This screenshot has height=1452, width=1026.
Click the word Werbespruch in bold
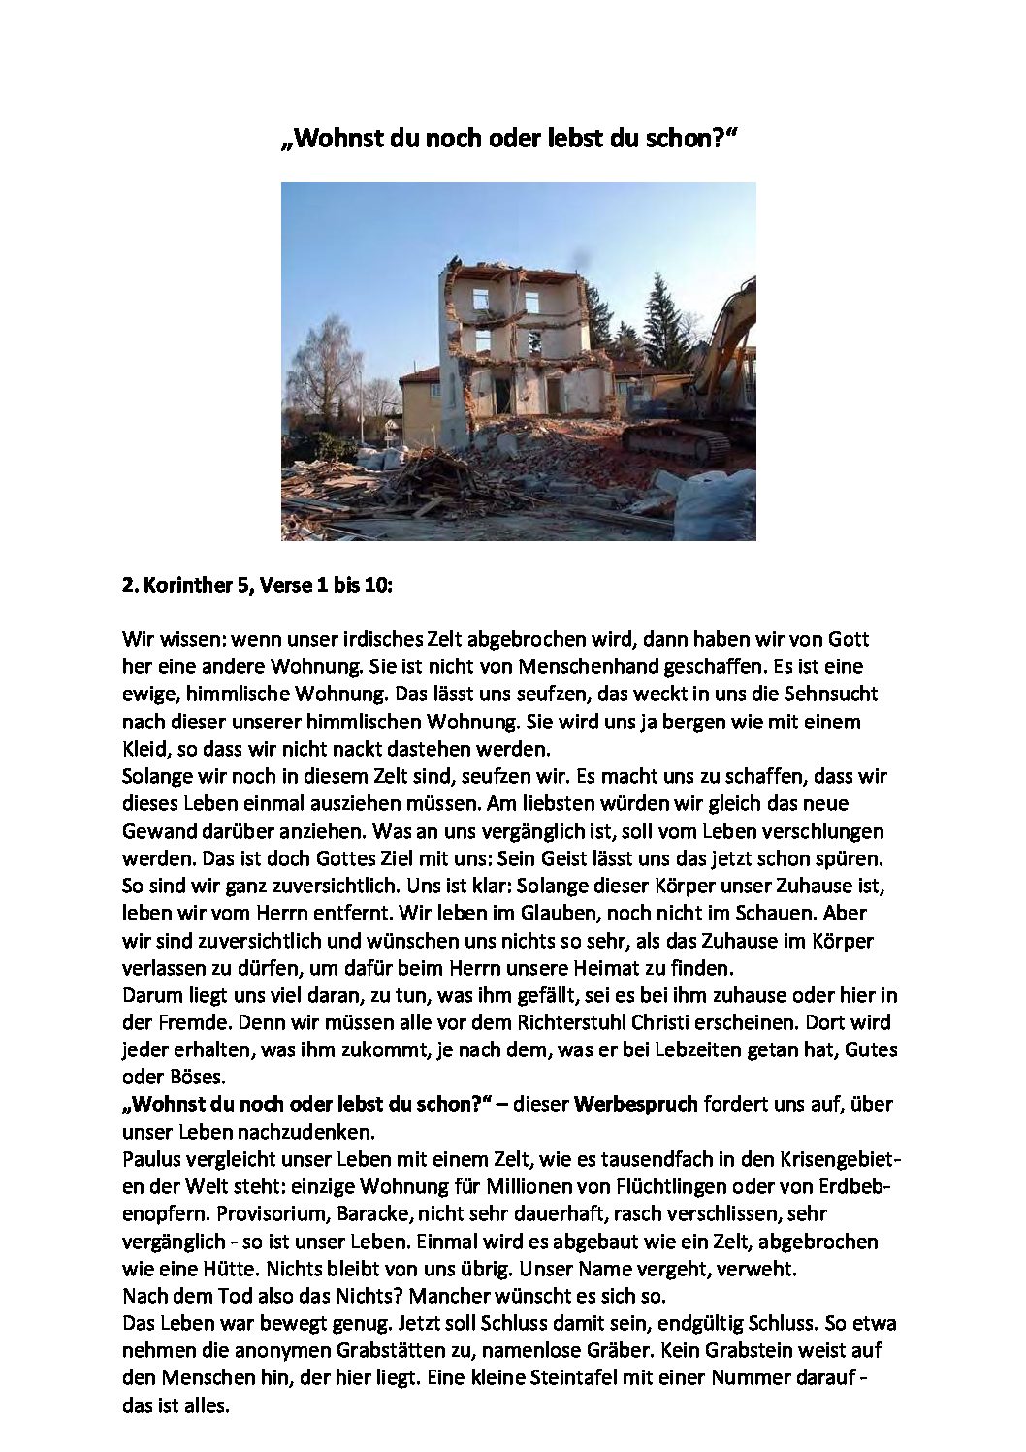point(635,1104)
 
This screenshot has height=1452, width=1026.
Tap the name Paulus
point(151,1159)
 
